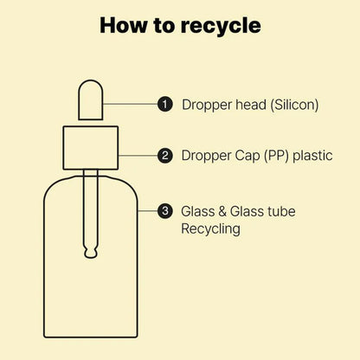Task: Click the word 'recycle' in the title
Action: [221, 27]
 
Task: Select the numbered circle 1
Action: [165, 104]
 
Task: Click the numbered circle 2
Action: [165, 156]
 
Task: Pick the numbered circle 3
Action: [165, 211]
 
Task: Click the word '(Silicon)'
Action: [294, 105]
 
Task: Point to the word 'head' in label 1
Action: [251, 104]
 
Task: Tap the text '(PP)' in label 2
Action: [276, 156]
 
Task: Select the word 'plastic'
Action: [312, 156]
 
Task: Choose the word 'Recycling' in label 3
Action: [210, 229]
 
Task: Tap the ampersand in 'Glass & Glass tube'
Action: [222, 211]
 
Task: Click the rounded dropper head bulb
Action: [91, 100]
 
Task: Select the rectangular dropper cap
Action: [91, 148]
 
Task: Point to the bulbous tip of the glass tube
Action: [91, 253]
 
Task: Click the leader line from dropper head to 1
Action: [130, 104]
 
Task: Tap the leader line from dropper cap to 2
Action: [138, 156]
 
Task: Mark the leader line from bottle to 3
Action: [148, 211]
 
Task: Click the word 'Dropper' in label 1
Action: [207, 105]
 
